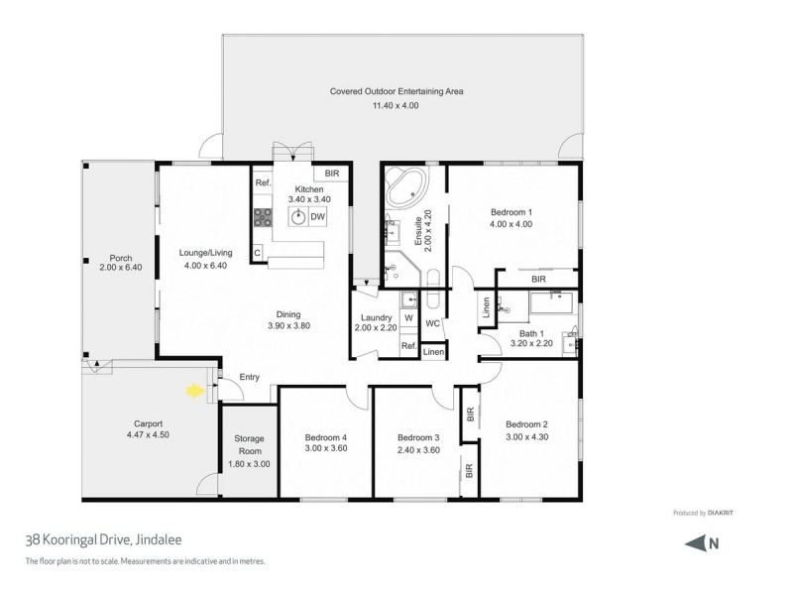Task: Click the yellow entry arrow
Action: (195, 392)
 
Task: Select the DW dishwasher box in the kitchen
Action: (318, 216)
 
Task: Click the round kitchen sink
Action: (295, 216)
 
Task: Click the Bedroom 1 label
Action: (511, 211)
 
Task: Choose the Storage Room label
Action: (249, 438)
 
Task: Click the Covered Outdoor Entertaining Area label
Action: (396, 91)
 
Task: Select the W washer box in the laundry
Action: (408, 317)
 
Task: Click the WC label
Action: (432, 323)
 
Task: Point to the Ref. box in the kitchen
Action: (263, 183)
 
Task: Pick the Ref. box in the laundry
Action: (408, 345)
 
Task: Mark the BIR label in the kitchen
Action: (332, 174)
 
